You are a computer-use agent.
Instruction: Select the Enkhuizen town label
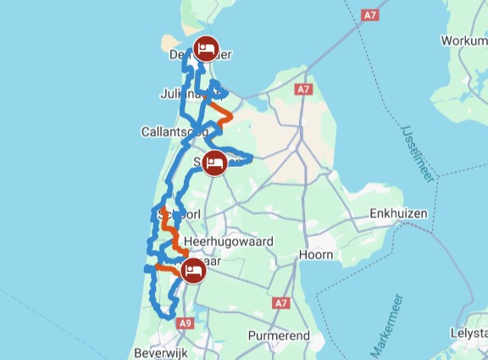[x=397, y=214]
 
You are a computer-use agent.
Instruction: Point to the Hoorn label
[x=317, y=254]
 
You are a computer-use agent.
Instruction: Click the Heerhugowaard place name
[x=229, y=241]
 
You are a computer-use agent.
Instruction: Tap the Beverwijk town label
[x=160, y=352]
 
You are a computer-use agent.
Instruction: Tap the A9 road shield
[x=186, y=322]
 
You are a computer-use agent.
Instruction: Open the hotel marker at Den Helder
[x=206, y=48]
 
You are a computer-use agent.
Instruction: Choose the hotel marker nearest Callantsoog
[x=217, y=163]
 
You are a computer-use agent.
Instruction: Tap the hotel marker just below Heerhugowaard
[x=192, y=272]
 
